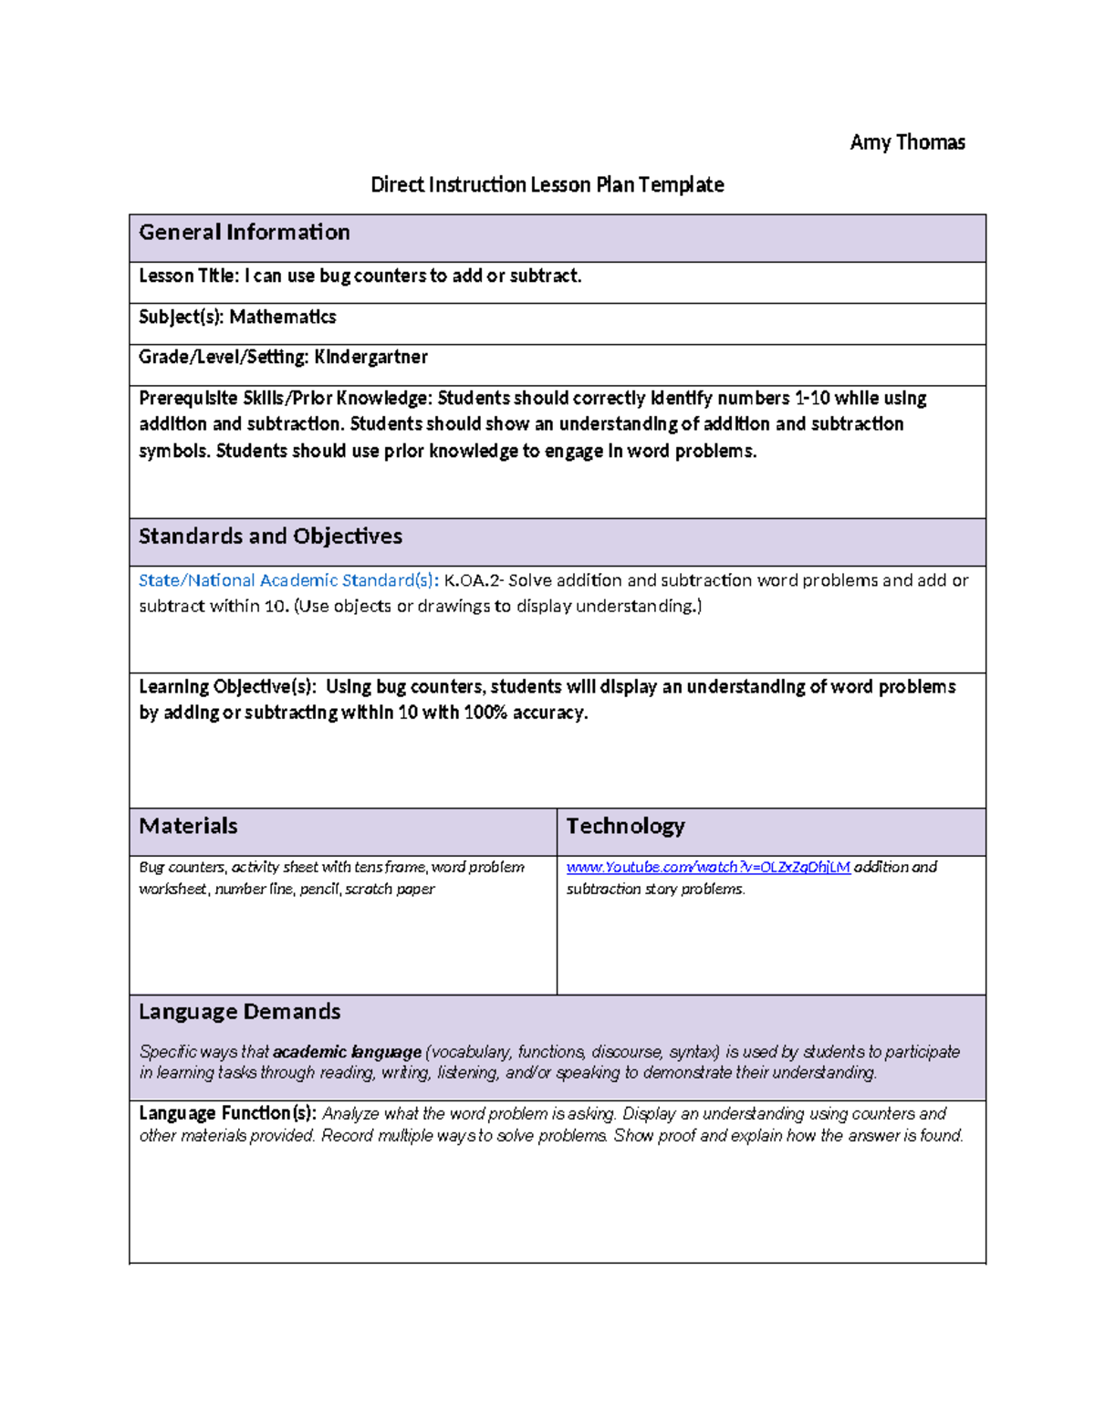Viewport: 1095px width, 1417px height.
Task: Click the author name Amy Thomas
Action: point(907,142)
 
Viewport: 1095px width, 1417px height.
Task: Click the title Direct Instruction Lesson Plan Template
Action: point(547,185)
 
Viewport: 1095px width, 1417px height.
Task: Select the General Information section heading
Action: point(244,233)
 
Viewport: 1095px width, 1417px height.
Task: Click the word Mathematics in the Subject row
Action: point(283,318)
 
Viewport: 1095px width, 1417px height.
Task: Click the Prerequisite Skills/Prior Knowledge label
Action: point(285,399)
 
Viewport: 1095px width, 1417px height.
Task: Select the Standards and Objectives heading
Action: point(270,537)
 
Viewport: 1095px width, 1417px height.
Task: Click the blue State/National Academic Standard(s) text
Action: point(288,580)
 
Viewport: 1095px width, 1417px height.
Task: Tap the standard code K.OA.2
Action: point(474,580)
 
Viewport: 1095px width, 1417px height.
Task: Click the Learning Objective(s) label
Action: point(227,687)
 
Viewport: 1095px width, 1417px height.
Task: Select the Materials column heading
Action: point(188,827)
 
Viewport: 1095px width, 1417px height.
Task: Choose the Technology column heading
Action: point(625,827)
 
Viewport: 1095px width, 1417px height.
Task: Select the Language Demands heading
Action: point(239,1012)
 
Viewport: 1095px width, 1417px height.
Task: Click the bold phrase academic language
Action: point(347,1052)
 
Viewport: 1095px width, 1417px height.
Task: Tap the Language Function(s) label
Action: point(227,1114)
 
